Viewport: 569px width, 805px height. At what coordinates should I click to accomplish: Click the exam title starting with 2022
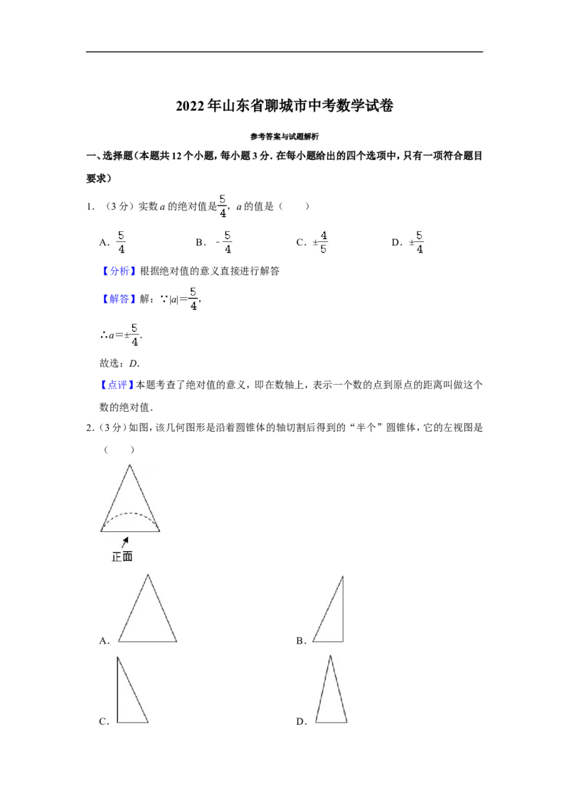[284, 106]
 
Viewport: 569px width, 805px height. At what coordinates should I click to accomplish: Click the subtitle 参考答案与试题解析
[284, 137]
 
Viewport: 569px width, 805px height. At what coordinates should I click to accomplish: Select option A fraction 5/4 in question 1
[121, 242]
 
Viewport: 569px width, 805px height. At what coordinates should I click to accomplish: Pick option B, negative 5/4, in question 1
[224, 242]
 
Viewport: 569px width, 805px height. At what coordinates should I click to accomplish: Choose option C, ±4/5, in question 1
[320, 242]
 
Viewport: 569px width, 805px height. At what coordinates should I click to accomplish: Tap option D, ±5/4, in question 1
[416, 242]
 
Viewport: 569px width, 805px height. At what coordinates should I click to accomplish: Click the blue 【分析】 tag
[119, 271]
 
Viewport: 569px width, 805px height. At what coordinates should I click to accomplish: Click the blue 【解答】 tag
[119, 299]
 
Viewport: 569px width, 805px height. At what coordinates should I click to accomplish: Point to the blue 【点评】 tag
[117, 385]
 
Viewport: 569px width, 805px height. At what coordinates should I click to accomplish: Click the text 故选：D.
[119, 363]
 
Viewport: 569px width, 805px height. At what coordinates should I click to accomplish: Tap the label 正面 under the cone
[122, 557]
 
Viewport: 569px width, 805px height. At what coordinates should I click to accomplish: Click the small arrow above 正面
[124, 542]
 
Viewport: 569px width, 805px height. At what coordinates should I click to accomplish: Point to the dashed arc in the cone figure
[130, 513]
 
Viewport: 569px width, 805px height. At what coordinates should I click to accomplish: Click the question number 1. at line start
[90, 206]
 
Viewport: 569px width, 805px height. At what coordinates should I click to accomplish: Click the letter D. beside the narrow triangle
[302, 721]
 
